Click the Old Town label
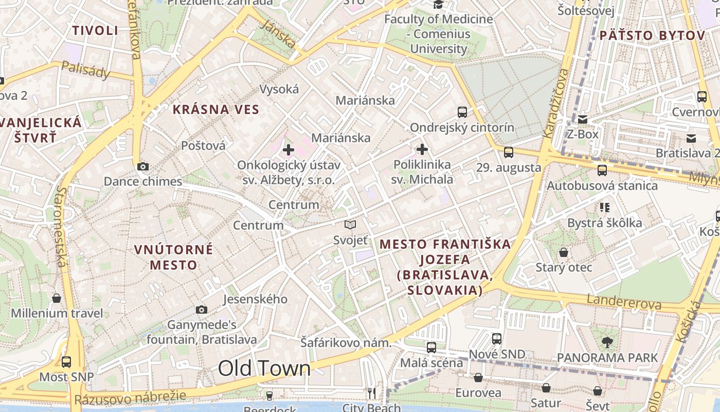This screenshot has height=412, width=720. (x=264, y=368)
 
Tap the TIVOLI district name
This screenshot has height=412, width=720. (x=95, y=30)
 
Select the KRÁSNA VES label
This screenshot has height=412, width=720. (x=216, y=109)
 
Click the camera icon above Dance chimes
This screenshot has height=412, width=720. (x=143, y=166)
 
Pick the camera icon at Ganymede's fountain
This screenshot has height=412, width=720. (x=202, y=310)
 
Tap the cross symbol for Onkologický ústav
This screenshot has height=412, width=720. (x=289, y=150)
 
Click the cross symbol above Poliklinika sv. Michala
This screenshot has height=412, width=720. (x=422, y=149)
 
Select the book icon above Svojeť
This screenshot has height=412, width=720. (x=350, y=225)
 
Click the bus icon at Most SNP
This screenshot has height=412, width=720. (x=66, y=362)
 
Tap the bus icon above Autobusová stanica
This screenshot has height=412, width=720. (x=602, y=170)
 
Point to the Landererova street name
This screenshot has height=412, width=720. (x=624, y=302)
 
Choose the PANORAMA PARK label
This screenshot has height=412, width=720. (x=607, y=357)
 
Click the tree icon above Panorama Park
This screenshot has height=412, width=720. (x=607, y=341)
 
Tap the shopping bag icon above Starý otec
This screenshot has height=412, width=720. (x=564, y=252)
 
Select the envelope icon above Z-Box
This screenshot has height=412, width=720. (x=583, y=119)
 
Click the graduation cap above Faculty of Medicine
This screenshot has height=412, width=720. (x=439, y=5)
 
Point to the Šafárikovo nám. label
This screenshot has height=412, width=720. (x=346, y=343)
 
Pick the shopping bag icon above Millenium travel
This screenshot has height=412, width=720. (x=57, y=298)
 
